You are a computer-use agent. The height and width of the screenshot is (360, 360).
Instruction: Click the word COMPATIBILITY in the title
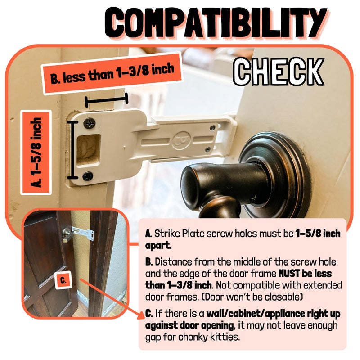point(216,23)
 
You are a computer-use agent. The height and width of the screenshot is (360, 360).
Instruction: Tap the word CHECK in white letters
point(279,72)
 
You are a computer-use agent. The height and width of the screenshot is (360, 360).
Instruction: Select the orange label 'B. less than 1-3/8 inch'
point(112,73)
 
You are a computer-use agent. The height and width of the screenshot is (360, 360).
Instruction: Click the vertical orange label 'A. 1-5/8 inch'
point(36,153)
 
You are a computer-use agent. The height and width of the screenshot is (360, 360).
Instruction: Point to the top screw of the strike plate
point(89,123)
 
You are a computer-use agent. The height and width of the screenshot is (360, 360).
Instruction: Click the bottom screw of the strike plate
point(88,176)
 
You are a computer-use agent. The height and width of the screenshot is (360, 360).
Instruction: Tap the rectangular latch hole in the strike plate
point(88,150)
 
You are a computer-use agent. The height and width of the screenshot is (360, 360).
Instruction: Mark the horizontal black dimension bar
point(106,100)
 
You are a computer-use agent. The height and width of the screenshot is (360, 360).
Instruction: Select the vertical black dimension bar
point(73,150)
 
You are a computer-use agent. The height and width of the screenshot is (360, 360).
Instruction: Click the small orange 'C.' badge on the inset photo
point(63,280)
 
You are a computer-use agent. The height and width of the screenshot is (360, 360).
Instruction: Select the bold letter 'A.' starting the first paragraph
point(148,234)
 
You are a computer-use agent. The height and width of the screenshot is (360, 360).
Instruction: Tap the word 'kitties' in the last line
point(227,337)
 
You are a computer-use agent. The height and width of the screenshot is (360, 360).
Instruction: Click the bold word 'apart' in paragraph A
point(158,245)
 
